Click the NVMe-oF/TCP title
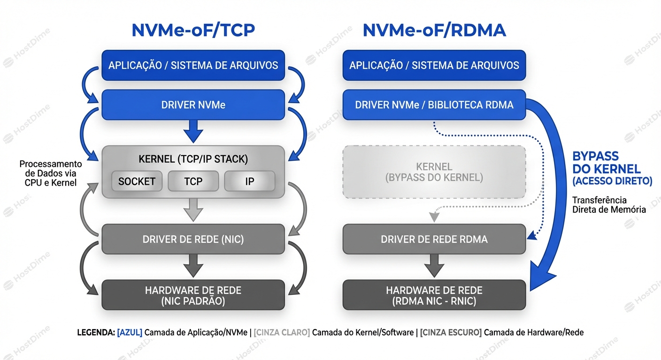pos(193,30)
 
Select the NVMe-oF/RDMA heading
pos(434,30)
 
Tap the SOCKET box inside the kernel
pos(137,181)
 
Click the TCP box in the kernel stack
pos(193,181)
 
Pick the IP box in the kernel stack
pos(249,181)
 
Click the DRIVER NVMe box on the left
pos(193,105)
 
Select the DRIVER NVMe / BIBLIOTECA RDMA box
pos(434,105)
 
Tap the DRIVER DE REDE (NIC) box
pos(193,240)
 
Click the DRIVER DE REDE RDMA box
pos(434,240)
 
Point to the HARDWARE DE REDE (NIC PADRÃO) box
pos(193,295)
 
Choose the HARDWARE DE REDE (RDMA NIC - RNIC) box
pos(434,295)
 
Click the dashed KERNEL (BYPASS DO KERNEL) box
pos(434,172)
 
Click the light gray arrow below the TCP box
pos(193,210)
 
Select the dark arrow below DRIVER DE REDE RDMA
pos(434,266)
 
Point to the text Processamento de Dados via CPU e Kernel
pos(50,173)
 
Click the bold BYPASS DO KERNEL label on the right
pos(606,163)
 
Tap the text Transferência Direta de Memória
pos(608,205)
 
